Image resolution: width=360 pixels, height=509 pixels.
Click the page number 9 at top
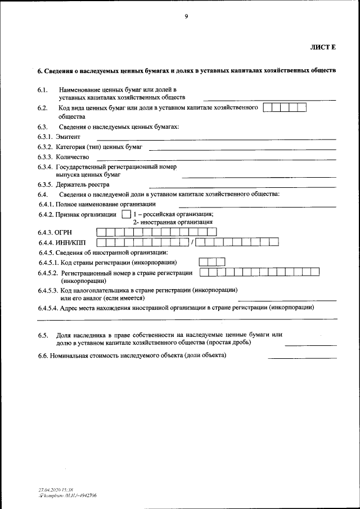pos(186,16)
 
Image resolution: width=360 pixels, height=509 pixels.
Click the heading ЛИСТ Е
pos(322,47)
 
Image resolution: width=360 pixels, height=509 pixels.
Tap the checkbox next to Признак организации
pos(126,214)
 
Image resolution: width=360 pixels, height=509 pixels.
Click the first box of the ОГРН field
pos(101,231)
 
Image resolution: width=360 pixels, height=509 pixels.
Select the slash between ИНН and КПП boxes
pos(192,242)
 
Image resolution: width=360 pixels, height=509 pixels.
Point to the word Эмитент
pos(68,137)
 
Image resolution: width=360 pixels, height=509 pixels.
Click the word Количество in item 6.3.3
pos(73,157)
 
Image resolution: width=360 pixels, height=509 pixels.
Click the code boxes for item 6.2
pos(285,107)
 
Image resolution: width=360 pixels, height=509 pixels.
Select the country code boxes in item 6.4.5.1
pos(212,262)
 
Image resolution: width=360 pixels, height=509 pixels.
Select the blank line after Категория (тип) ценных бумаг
pos(242,148)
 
